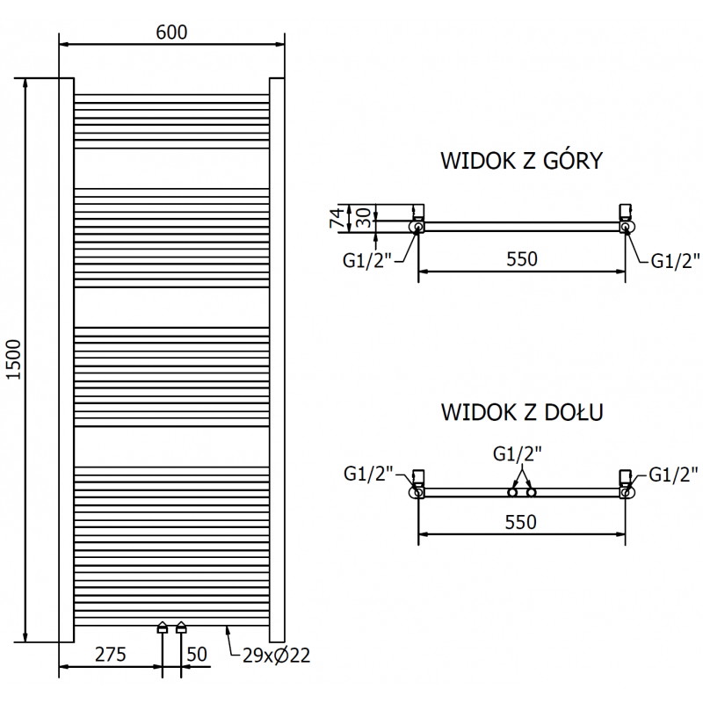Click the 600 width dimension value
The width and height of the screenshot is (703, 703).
click(x=171, y=32)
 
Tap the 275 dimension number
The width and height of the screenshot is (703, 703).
click(x=111, y=656)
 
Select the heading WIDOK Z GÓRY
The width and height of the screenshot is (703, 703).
click(x=520, y=161)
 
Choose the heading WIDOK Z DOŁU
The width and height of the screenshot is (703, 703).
click(x=520, y=411)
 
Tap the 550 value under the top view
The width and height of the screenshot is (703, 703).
click(x=520, y=259)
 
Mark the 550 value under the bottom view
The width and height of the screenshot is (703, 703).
click(x=520, y=521)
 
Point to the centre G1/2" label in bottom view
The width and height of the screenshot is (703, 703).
click(x=518, y=454)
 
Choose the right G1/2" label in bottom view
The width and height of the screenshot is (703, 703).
click(x=672, y=475)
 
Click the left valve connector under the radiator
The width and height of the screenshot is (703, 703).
click(x=163, y=628)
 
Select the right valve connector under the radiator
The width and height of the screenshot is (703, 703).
click(x=181, y=628)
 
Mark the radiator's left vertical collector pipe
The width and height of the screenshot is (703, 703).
click(x=66, y=359)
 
